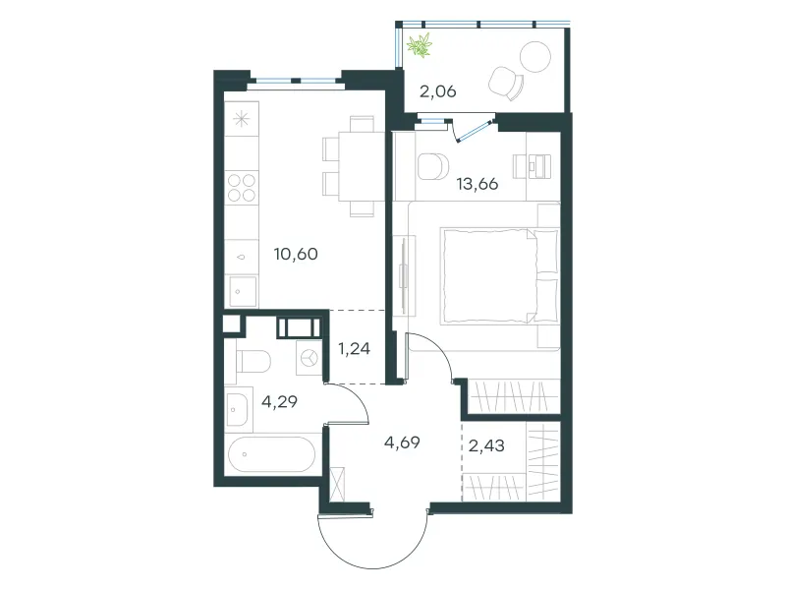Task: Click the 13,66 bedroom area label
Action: [x=477, y=184]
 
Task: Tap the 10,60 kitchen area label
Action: [x=296, y=254]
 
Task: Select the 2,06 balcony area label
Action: [x=437, y=91]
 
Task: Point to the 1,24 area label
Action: [x=355, y=348]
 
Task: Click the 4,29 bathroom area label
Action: [x=280, y=401]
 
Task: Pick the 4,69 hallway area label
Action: [x=402, y=442]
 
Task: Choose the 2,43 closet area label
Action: [x=486, y=445]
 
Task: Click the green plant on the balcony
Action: [x=420, y=45]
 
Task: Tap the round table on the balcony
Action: [x=535, y=57]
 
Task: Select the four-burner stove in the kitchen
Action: [x=242, y=188]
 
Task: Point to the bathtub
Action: [x=272, y=454]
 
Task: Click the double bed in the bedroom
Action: [x=499, y=275]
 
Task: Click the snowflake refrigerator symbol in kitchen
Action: [x=242, y=118]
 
